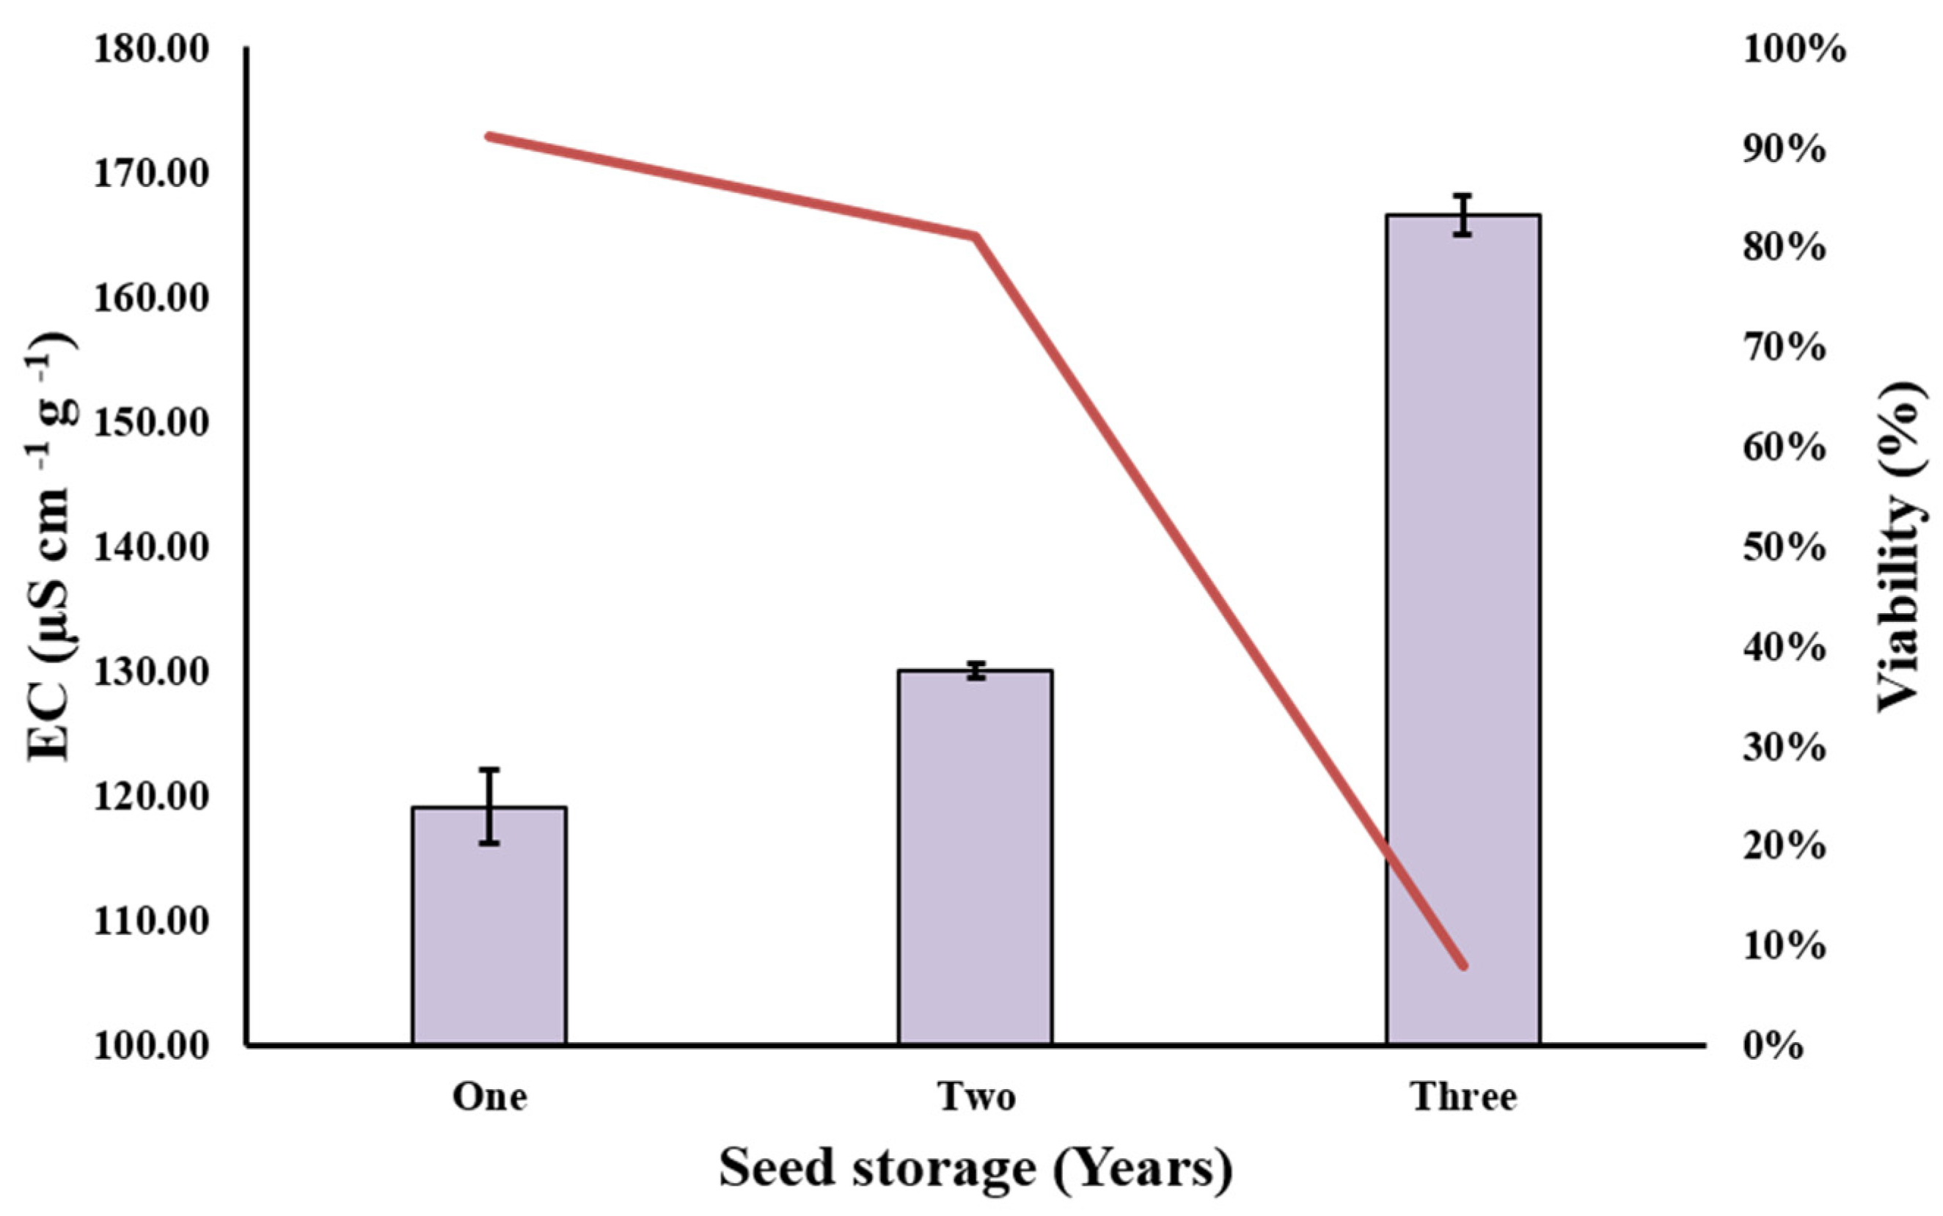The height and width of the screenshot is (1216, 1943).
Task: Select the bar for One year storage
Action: pos(489,925)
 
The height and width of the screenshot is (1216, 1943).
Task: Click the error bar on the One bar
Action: pos(490,806)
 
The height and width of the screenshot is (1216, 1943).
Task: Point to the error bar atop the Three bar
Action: pos(1463,215)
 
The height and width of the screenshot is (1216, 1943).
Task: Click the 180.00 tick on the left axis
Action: pos(151,50)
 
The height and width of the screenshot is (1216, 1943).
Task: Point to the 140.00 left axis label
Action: pos(151,549)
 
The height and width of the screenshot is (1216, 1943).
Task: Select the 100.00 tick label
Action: pos(151,1047)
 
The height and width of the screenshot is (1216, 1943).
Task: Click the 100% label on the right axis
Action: pos(1794,50)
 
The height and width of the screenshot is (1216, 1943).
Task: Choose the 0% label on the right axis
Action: pos(1774,1047)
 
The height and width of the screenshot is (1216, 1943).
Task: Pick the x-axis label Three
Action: pos(1463,1097)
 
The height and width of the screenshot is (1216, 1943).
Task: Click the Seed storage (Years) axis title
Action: pos(975,1168)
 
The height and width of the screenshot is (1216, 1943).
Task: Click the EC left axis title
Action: pos(50,547)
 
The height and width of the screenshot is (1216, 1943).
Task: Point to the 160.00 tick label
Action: pos(151,299)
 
